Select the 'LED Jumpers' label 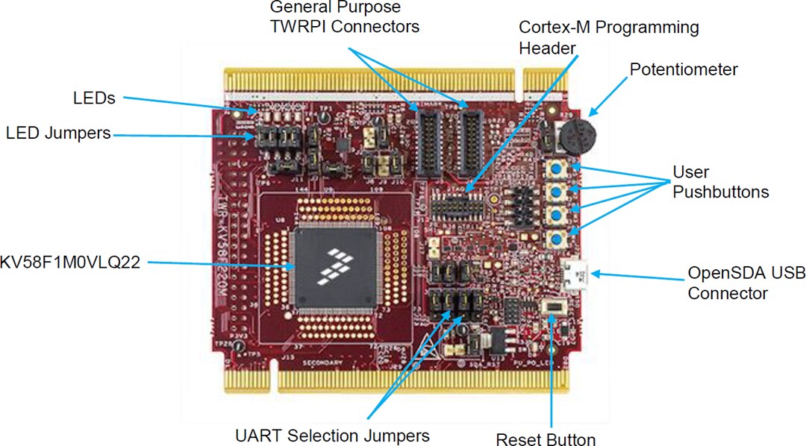(58, 134)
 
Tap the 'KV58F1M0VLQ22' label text (70, 263)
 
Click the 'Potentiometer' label (684, 69)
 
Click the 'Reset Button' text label (546, 439)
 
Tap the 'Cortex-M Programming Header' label (609, 37)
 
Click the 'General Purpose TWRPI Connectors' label (344, 17)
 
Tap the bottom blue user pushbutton (556, 239)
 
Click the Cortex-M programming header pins (457, 200)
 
